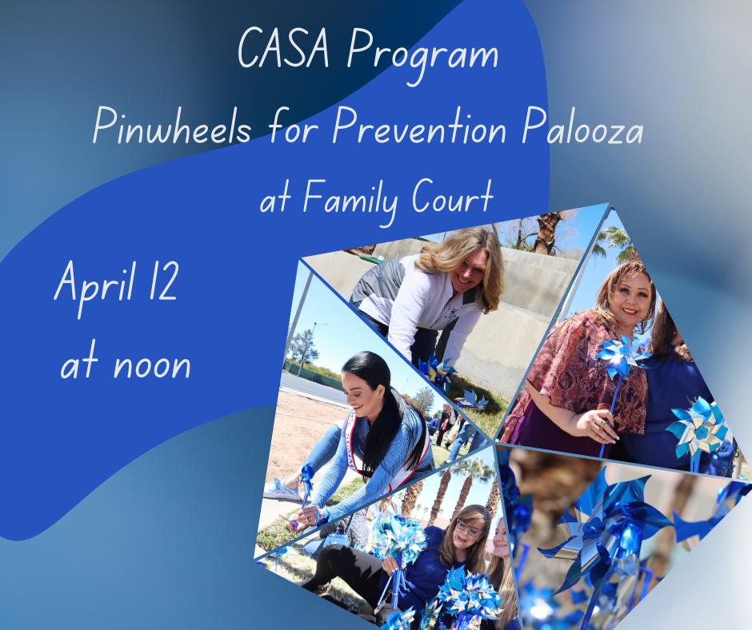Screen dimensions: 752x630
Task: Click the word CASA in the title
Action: [x=283, y=49]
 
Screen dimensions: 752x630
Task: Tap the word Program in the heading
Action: [x=423, y=55]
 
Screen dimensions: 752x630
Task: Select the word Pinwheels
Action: [x=172, y=126]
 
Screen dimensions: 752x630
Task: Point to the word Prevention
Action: [x=420, y=125]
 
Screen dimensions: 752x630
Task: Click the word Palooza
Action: [x=582, y=125]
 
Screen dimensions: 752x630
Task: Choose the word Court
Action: [x=453, y=196]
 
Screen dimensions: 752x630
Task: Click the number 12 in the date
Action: [x=163, y=281]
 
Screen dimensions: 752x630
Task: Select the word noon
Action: [x=152, y=366]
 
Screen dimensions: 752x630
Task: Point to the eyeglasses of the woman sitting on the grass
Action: [x=468, y=528]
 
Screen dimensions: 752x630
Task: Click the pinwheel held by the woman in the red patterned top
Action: [x=620, y=357]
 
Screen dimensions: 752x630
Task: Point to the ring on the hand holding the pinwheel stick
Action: [x=601, y=422]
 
